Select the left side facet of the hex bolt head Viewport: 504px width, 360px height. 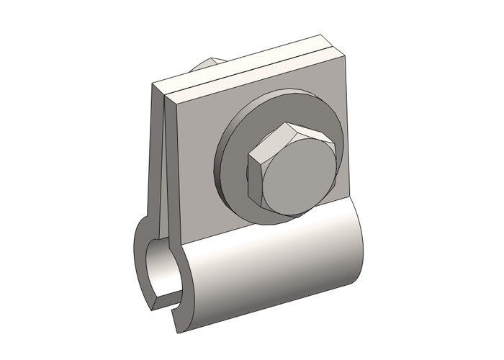click(x=253, y=179)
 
